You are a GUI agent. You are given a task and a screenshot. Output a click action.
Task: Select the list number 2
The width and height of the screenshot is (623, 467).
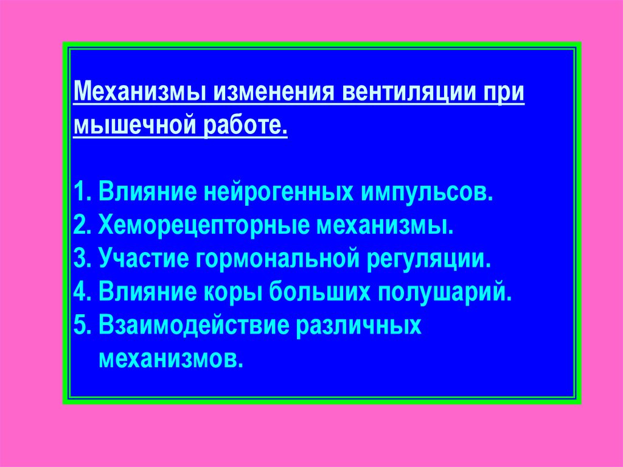coord(80,226)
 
